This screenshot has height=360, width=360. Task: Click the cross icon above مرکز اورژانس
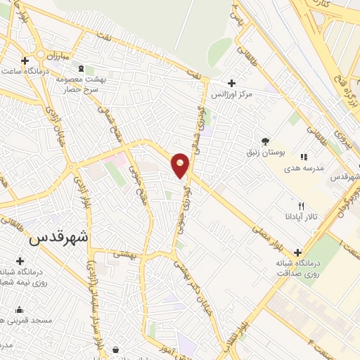[x=231, y=82]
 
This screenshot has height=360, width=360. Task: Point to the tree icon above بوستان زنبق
[x=265, y=141]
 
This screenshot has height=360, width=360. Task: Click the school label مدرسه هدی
[x=303, y=169]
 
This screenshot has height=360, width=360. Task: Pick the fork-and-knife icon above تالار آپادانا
[x=302, y=205]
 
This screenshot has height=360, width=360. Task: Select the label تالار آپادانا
[x=302, y=217]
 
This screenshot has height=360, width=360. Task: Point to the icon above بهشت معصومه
[x=80, y=69]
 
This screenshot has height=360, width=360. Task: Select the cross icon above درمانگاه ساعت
[x=25, y=60]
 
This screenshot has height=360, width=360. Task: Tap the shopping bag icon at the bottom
[x=115, y=349]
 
